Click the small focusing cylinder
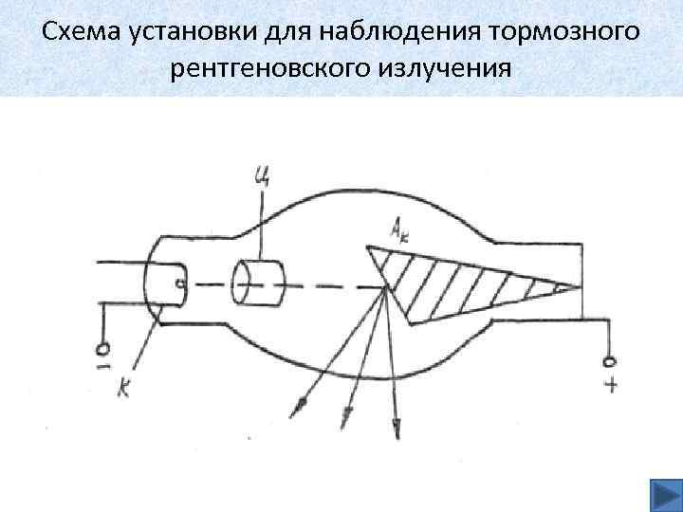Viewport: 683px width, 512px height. (x=259, y=282)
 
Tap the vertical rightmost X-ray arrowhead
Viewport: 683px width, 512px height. (x=397, y=431)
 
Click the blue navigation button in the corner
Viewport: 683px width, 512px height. (x=661, y=493)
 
